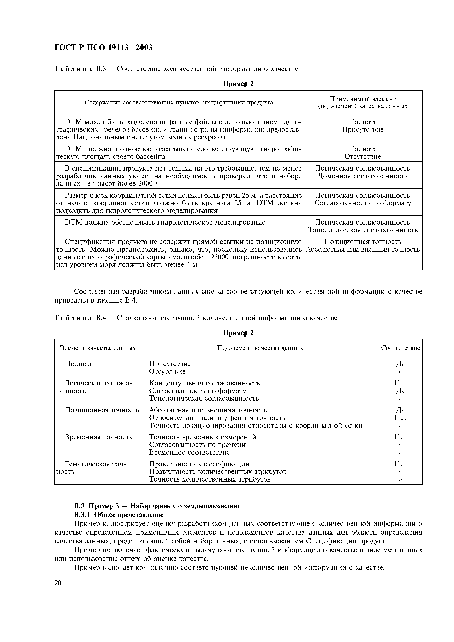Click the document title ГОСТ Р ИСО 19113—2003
(103, 48)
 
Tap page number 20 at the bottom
(58, 583)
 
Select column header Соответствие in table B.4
(400, 348)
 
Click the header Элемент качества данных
(98, 348)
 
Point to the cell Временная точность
(99, 437)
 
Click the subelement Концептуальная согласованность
(205, 383)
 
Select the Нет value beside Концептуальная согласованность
(400, 383)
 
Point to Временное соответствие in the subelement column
(189, 452)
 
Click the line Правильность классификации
(199, 464)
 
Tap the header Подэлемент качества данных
(260, 348)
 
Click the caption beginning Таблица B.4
(196, 318)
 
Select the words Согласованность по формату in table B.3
(363, 203)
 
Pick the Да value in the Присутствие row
(400, 364)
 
